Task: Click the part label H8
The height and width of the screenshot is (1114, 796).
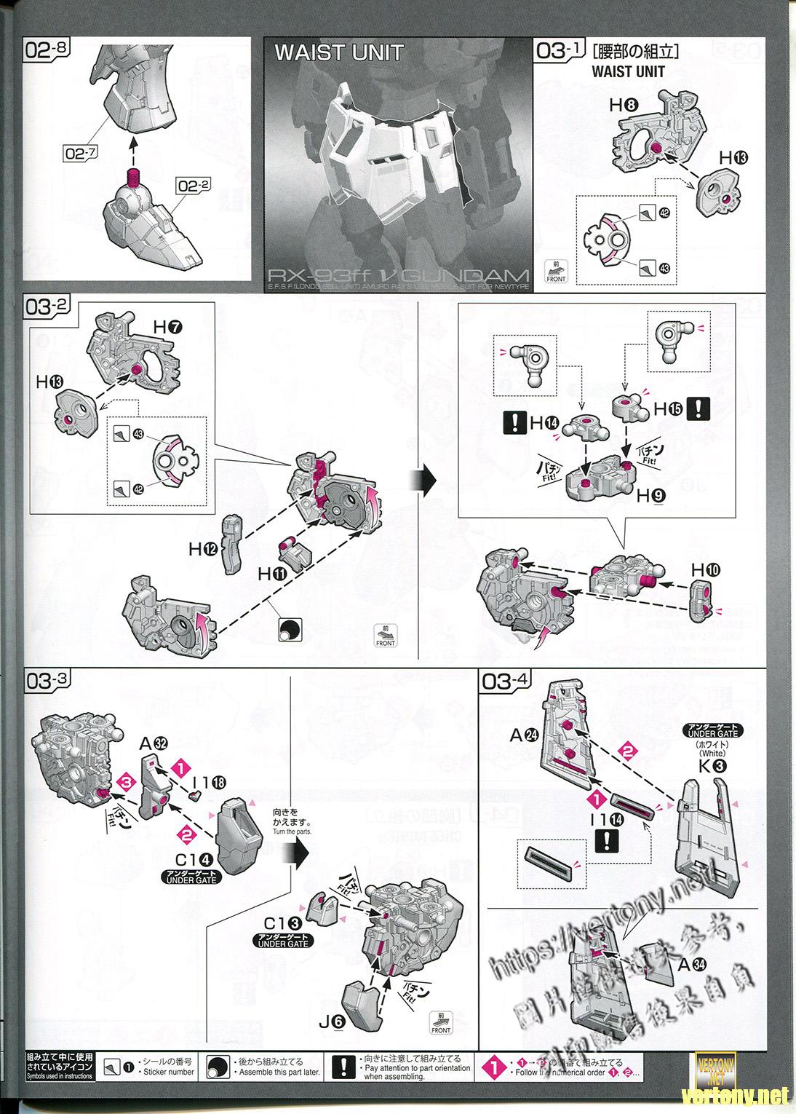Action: pos(624,106)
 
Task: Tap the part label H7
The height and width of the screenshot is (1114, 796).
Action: pos(167,328)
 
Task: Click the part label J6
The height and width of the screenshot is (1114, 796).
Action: pos(330,1022)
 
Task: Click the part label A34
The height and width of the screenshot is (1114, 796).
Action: pos(690,965)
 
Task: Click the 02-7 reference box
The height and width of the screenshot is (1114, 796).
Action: pos(80,153)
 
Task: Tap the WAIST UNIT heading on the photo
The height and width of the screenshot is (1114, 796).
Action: pos(338,53)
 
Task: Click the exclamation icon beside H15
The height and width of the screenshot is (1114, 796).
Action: pos(699,408)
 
